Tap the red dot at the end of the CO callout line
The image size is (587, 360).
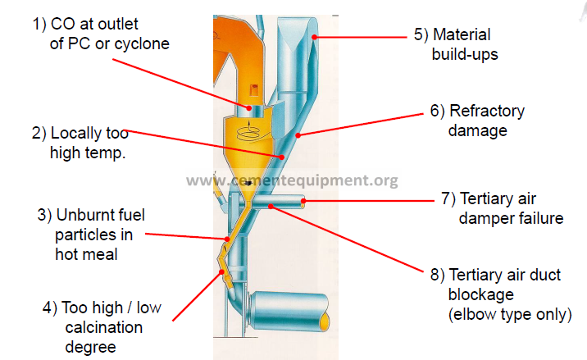tap(249, 108)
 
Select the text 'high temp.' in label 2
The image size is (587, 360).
tap(88, 153)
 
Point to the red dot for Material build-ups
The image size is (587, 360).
tap(315, 37)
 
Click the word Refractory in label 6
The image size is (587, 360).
tap(487, 112)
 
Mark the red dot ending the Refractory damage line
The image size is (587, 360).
tap(298, 135)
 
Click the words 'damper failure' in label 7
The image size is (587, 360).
tap(511, 218)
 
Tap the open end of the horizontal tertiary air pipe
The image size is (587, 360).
tap(303, 202)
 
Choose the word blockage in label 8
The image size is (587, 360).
tap(481, 295)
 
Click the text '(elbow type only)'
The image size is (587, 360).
tap(510, 314)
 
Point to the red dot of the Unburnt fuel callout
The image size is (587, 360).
tap(227, 239)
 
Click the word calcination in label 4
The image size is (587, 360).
tap(103, 327)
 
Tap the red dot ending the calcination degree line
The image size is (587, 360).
tap(221, 272)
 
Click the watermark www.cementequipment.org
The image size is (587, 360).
tap(292, 180)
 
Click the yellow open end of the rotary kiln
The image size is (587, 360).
tap(325, 321)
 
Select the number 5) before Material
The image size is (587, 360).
tap(421, 34)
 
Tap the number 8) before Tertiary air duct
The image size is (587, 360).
tap(437, 275)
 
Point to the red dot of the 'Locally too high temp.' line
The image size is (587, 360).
tap(282, 157)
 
